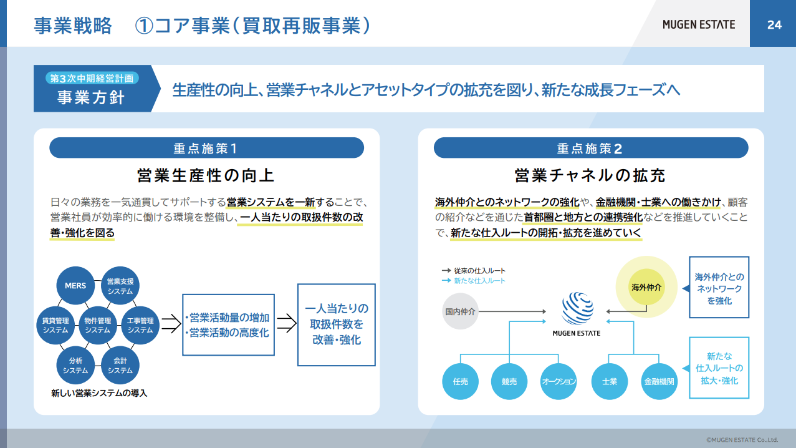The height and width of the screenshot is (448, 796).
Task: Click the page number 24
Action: tap(774, 24)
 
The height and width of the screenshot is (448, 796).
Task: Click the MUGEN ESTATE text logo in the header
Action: tap(699, 24)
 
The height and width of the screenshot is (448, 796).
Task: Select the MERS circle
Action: tap(75, 286)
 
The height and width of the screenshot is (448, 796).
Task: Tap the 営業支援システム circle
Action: tap(120, 286)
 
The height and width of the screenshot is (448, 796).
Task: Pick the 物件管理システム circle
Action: tap(98, 325)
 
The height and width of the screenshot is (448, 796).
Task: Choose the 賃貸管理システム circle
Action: tap(55, 325)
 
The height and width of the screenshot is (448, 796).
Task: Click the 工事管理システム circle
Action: tap(140, 325)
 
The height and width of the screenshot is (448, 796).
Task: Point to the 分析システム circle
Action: tap(75, 366)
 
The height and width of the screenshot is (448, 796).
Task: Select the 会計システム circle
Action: tap(120, 366)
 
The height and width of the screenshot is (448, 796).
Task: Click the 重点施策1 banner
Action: tap(206, 148)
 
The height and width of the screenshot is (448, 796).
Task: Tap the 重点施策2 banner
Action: tap(591, 148)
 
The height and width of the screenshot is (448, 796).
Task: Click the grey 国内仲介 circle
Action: tap(460, 311)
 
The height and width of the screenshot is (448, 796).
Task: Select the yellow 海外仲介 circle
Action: tap(646, 287)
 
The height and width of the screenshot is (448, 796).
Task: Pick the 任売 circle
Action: tap(460, 381)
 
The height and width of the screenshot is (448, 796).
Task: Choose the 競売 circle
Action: tap(509, 381)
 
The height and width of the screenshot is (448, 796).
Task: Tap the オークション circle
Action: tap(559, 381)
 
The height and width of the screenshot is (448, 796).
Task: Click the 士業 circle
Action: tap(610, 381)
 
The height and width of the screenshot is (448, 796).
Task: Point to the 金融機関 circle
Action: tap(659, 381)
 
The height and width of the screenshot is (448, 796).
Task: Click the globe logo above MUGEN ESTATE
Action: tap(577, 308)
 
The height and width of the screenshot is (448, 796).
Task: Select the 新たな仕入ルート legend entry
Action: tap(473, 281)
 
